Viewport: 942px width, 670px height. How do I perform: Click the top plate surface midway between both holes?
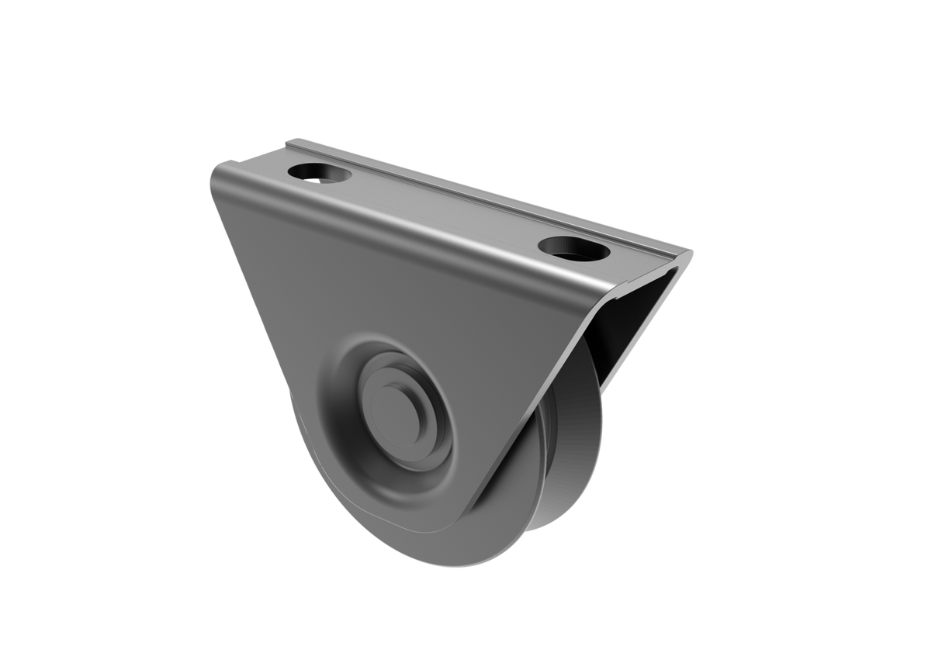click(446, 209)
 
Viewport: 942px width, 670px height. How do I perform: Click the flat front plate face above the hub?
click(388, 295)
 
